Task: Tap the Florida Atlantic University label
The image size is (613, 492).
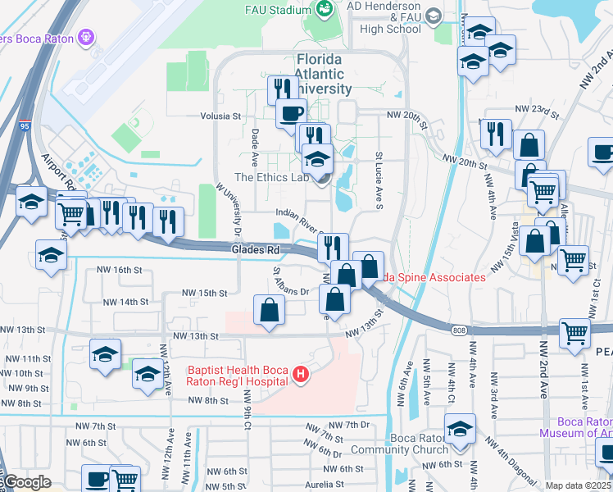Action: click(x=324, y=74)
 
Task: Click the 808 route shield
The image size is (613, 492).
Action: click(x=459, y=330)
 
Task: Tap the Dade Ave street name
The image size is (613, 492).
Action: click(x=256, y=143)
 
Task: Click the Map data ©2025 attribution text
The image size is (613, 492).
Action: click(x=579, y=485)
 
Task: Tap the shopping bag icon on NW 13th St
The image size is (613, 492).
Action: click(x=270, y=311)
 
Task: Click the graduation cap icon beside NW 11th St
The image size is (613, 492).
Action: click(x=105, y=354)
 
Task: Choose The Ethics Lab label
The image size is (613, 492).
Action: click(x=273, y=177)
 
